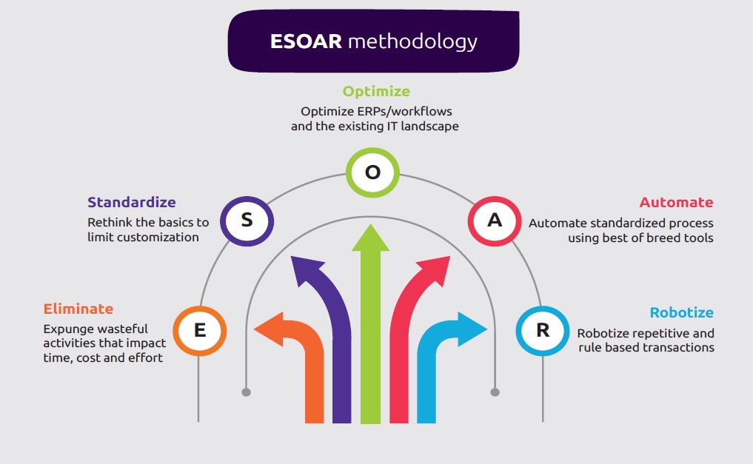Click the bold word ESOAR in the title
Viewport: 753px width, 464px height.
306,41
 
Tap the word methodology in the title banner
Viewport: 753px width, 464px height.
412,41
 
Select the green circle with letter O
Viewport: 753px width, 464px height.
372,173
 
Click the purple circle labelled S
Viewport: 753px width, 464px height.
247,220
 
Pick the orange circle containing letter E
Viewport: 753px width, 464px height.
199,330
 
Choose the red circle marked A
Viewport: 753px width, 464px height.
495,220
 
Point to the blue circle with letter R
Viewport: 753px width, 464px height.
543,330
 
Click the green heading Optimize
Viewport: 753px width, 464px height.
375,92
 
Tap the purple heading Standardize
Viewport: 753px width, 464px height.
131,202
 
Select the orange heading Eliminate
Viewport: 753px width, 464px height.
78,309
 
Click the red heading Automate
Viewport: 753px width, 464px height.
676,202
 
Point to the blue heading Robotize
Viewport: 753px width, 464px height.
681,312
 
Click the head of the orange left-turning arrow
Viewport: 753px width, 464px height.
267,331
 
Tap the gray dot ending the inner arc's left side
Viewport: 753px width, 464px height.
247,391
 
